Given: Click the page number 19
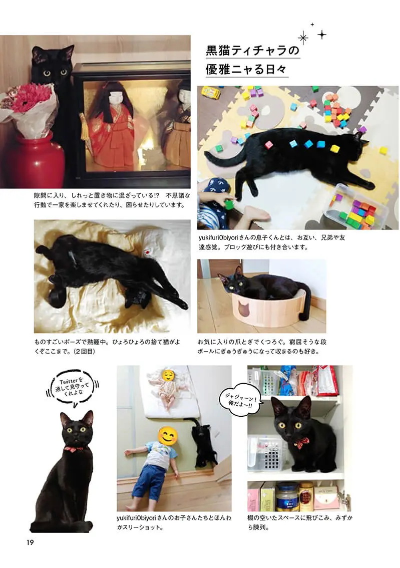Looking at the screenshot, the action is pos(30,542).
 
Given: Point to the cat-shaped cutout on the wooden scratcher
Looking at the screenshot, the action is pos(245,308).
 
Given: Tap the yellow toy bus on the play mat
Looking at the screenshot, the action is pos(211,93).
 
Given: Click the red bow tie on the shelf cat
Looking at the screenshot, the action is pos(301,442).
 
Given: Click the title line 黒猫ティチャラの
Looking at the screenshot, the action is pos(253,51).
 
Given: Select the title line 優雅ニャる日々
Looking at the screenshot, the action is pos(246,69).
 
